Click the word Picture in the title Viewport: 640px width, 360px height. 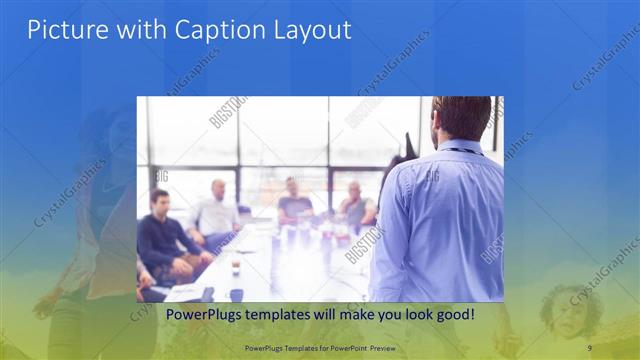tap(63, 30)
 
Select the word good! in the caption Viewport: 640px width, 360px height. tap(452, 315)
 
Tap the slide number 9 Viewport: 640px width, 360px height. tap(591, 346)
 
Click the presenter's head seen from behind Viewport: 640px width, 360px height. tap(462, 118)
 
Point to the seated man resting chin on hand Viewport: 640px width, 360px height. tap(354, 206)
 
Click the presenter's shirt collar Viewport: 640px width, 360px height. tap(461, 146)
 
